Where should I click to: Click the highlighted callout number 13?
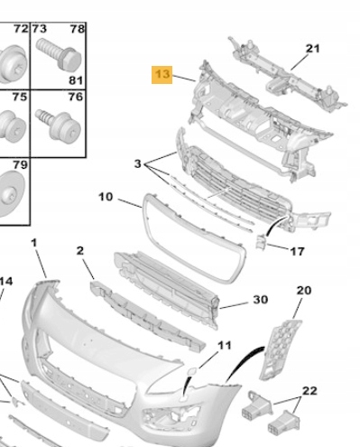[x=162, y=74]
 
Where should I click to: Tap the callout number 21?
[x=312, y=49]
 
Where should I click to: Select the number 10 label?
[x=106, y=197]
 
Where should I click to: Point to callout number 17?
[x=297, y=251]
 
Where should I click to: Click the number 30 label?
[x=261, y=300]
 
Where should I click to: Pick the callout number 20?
[x=304, y=290]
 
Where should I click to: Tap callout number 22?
[x=309, y=391]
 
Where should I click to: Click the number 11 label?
[x=225, y=345]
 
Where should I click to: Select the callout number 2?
[x=79, y=250]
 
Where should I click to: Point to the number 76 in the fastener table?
[x=76, y=97]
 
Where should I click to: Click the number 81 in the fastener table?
[x=76, y=80]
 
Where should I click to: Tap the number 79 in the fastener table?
[x=21, y=164]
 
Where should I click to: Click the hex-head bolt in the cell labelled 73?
[x=59, y=56]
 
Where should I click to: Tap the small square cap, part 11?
[x=192, y=371]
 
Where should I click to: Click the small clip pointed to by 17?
[x=260, y=242]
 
